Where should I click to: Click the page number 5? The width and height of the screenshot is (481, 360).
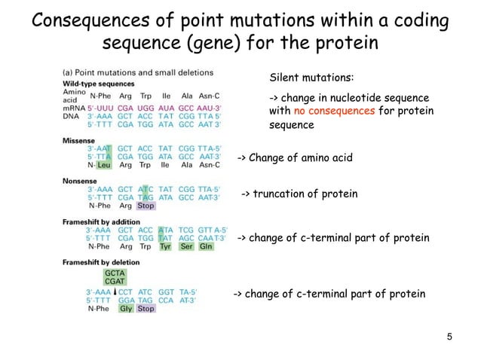[x=449, y=335]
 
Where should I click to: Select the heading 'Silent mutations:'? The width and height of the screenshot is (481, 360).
[x=311, y=78]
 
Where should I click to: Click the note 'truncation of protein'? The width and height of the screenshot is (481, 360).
[x=299, y=194]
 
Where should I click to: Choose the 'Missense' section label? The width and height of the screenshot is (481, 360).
[x=78, y=139]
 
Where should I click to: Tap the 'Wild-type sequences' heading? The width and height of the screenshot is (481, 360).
[x=98, y=83]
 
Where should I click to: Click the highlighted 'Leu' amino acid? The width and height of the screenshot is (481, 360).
[x=104, y=166]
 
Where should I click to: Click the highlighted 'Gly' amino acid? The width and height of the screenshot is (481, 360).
[x=125, y=308]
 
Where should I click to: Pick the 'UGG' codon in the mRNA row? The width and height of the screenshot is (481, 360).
[x=146, y=108]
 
